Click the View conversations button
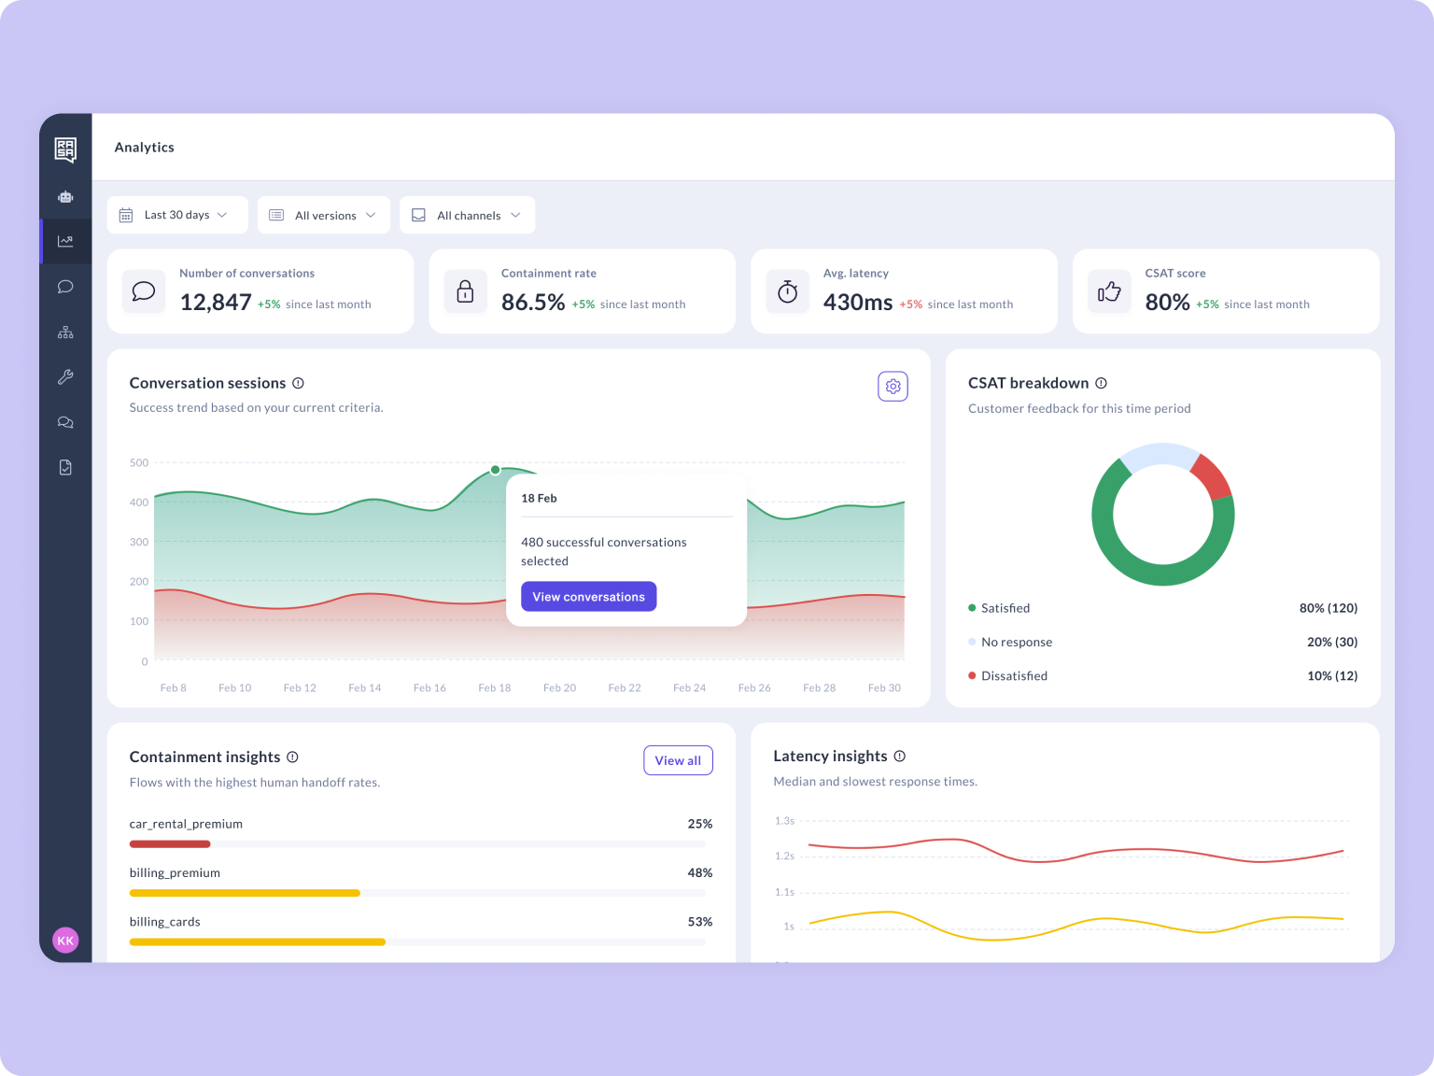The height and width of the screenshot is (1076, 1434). point(588,597)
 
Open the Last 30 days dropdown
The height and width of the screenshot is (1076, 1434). point(177,215)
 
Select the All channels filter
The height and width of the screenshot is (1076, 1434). point(468,215)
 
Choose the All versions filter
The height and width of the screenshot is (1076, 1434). point(324,215)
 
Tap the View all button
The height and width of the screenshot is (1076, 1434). point(678,760)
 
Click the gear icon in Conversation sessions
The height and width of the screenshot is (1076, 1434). point(893,387)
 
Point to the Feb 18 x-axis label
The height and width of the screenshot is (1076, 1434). point(495,688)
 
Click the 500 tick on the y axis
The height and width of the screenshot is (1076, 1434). point(139,463)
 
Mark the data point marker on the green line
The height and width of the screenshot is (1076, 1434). point(496,470)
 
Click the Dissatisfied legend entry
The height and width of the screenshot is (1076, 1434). point(1014,676)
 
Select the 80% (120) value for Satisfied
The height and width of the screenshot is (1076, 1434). point(1328,608)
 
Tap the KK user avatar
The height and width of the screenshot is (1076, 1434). point(65,941)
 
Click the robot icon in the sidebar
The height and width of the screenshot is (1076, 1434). point(65,197)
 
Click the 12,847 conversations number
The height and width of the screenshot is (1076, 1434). point(216,303)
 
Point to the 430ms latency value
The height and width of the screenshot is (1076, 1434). point(857,303)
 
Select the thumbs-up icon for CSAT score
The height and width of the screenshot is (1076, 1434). point(1109,292)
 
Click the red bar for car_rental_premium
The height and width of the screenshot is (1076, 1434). point(170,844)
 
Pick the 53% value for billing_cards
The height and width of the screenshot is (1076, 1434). point(699,922)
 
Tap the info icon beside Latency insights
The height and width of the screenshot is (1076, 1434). point(900,757)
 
